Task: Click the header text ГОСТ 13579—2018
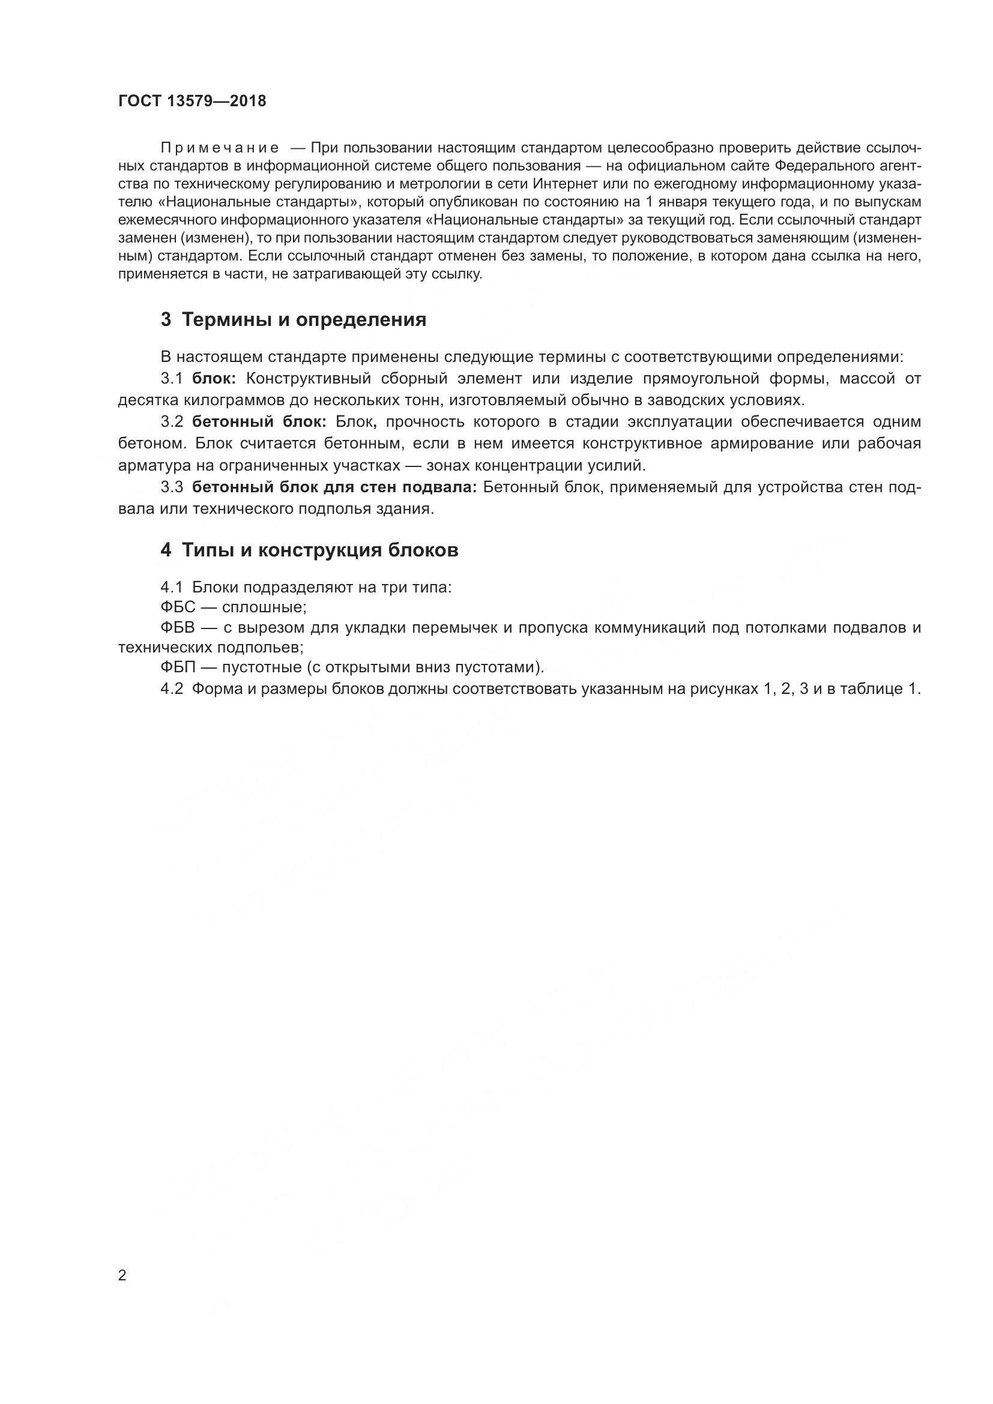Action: tap(192, 101)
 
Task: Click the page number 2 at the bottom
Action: tap(122, 1276)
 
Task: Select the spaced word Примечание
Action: tap(220, 148)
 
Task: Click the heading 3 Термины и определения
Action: tap(294, 320)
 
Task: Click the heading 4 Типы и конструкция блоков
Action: tap(309, 550)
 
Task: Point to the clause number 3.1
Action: tap(172, 379)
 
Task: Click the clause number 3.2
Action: tap(172, 422)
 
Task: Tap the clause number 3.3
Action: tap(172, 487)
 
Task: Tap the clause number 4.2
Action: tap(172, 689)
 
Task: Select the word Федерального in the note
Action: tap(818, 166)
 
